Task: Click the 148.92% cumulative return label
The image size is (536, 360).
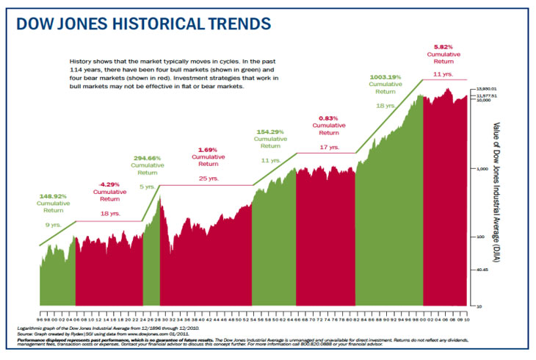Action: [x=53, y=197]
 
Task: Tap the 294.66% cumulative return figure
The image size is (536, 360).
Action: [x=147, y=157]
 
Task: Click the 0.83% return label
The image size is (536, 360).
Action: [x=328, y=118]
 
